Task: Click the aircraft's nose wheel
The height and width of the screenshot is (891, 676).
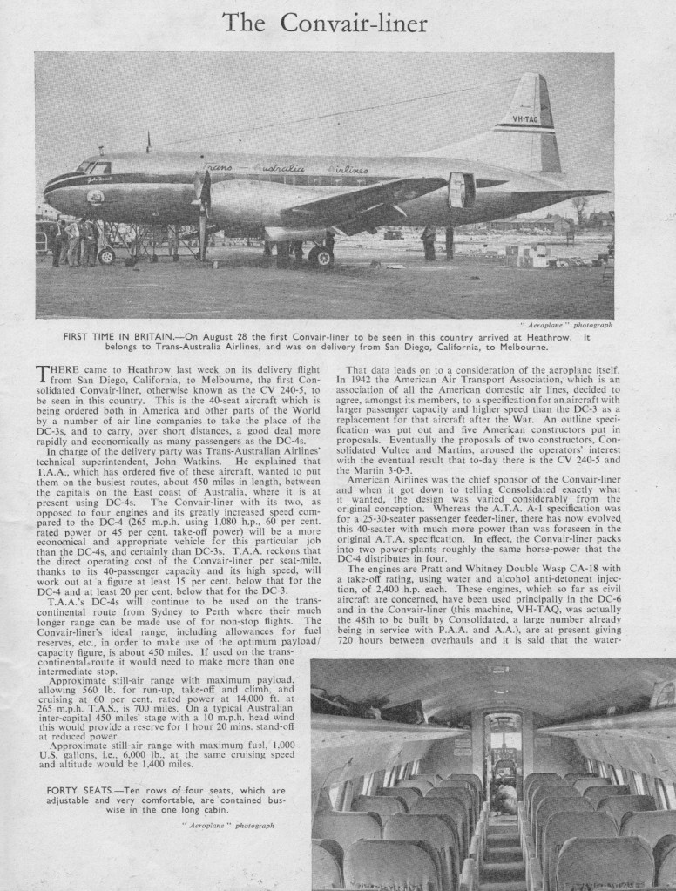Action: (x=106, y=255)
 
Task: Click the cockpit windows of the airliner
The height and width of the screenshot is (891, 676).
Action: (x=91, y=167)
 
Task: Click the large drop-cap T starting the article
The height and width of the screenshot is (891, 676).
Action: (x=44, y=375)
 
